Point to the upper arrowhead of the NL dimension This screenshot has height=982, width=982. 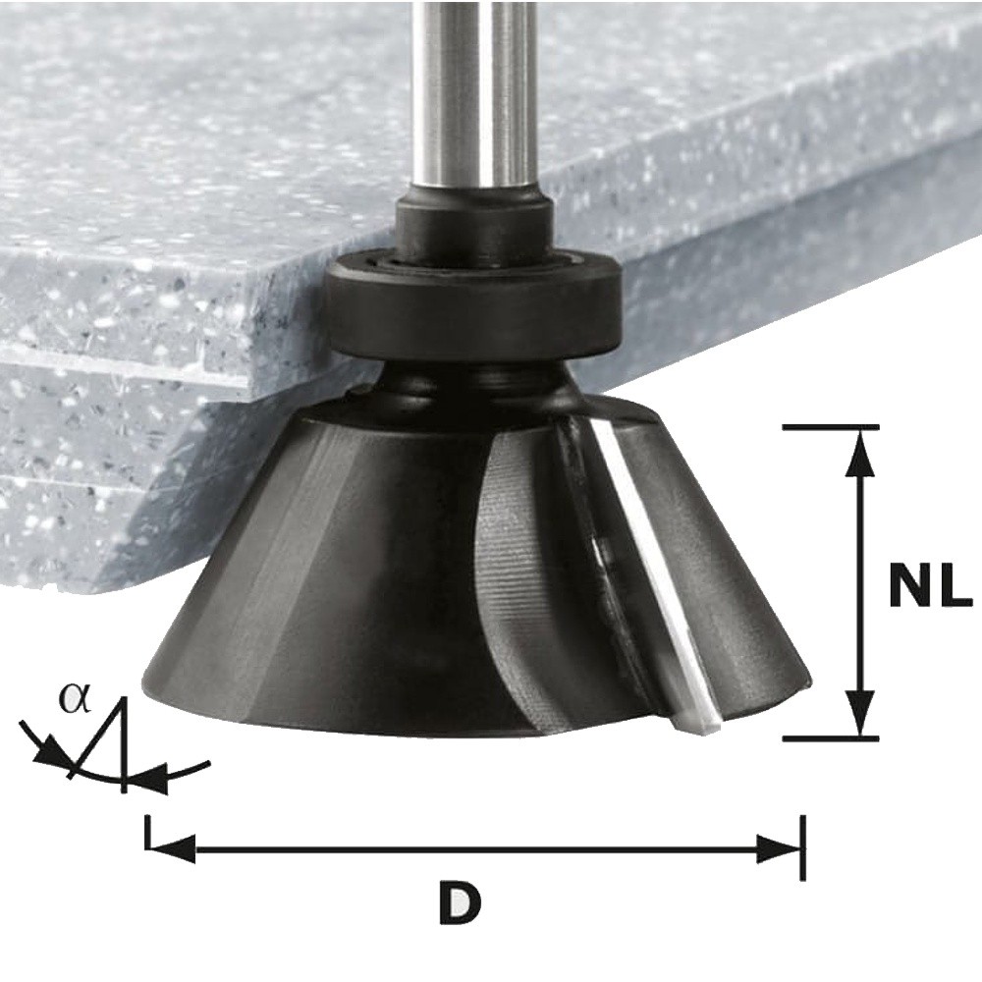[x=861, y=456]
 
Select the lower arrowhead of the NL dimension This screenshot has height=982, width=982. [x=861, y=711]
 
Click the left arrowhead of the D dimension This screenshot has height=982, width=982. [x=172, y=848]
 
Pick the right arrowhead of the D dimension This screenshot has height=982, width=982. [x=779, y=848]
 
